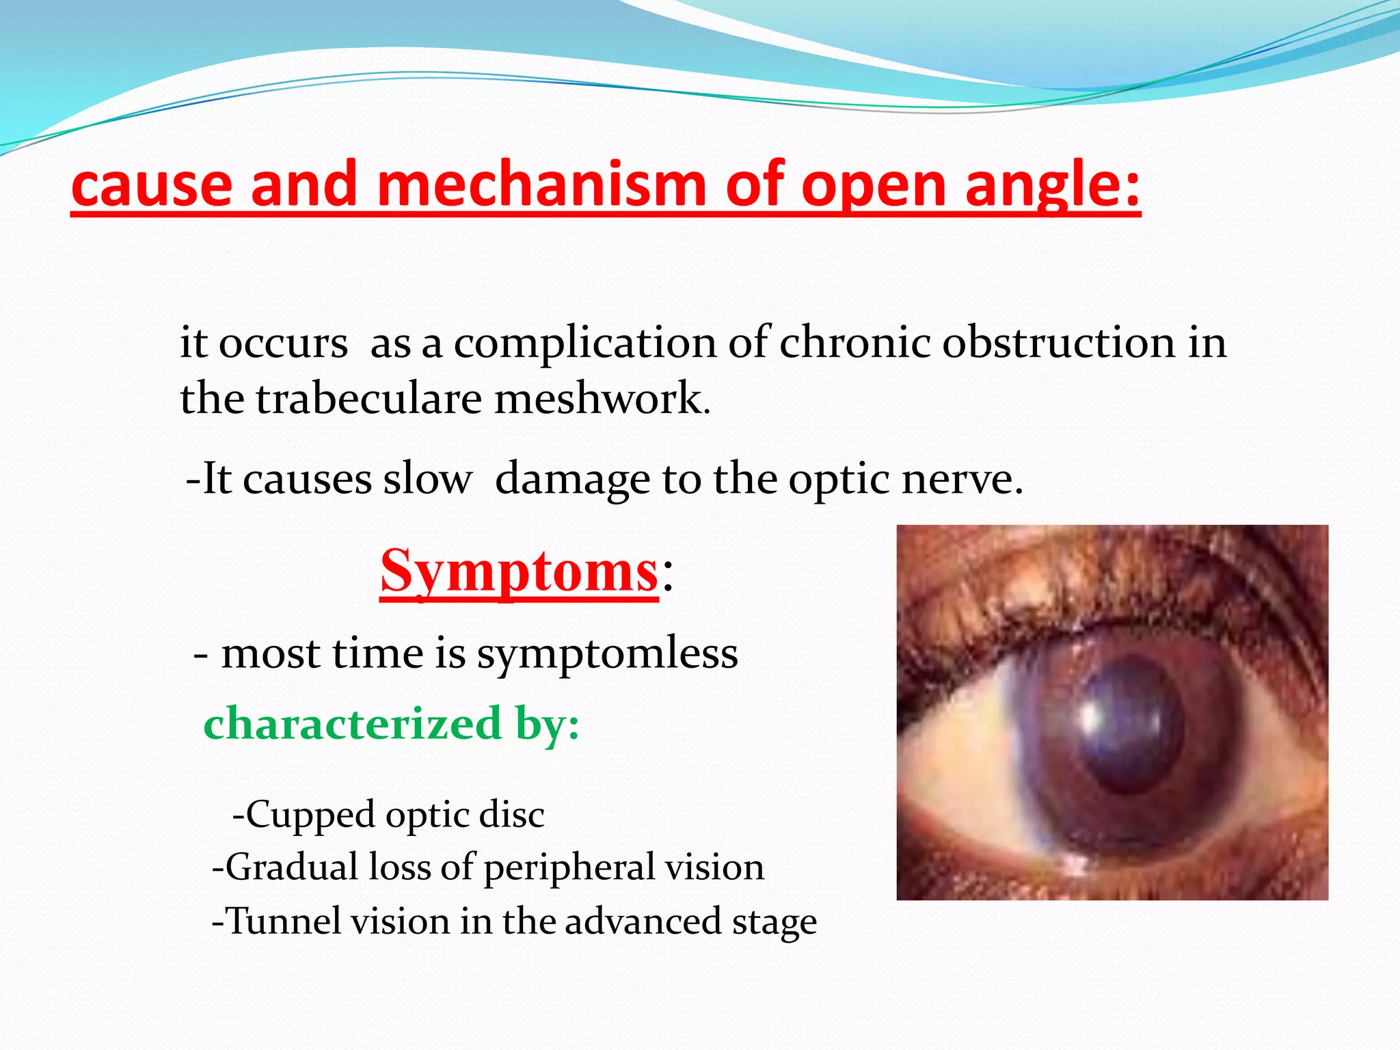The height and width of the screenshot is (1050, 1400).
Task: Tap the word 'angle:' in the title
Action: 1053,186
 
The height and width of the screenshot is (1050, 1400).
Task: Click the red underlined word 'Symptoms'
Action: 519,571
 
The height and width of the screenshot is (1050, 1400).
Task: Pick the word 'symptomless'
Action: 607,654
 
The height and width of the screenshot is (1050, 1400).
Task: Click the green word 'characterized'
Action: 353,723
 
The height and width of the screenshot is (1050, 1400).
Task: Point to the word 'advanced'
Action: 643,921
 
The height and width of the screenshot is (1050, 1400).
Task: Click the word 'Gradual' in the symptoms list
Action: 293,867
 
